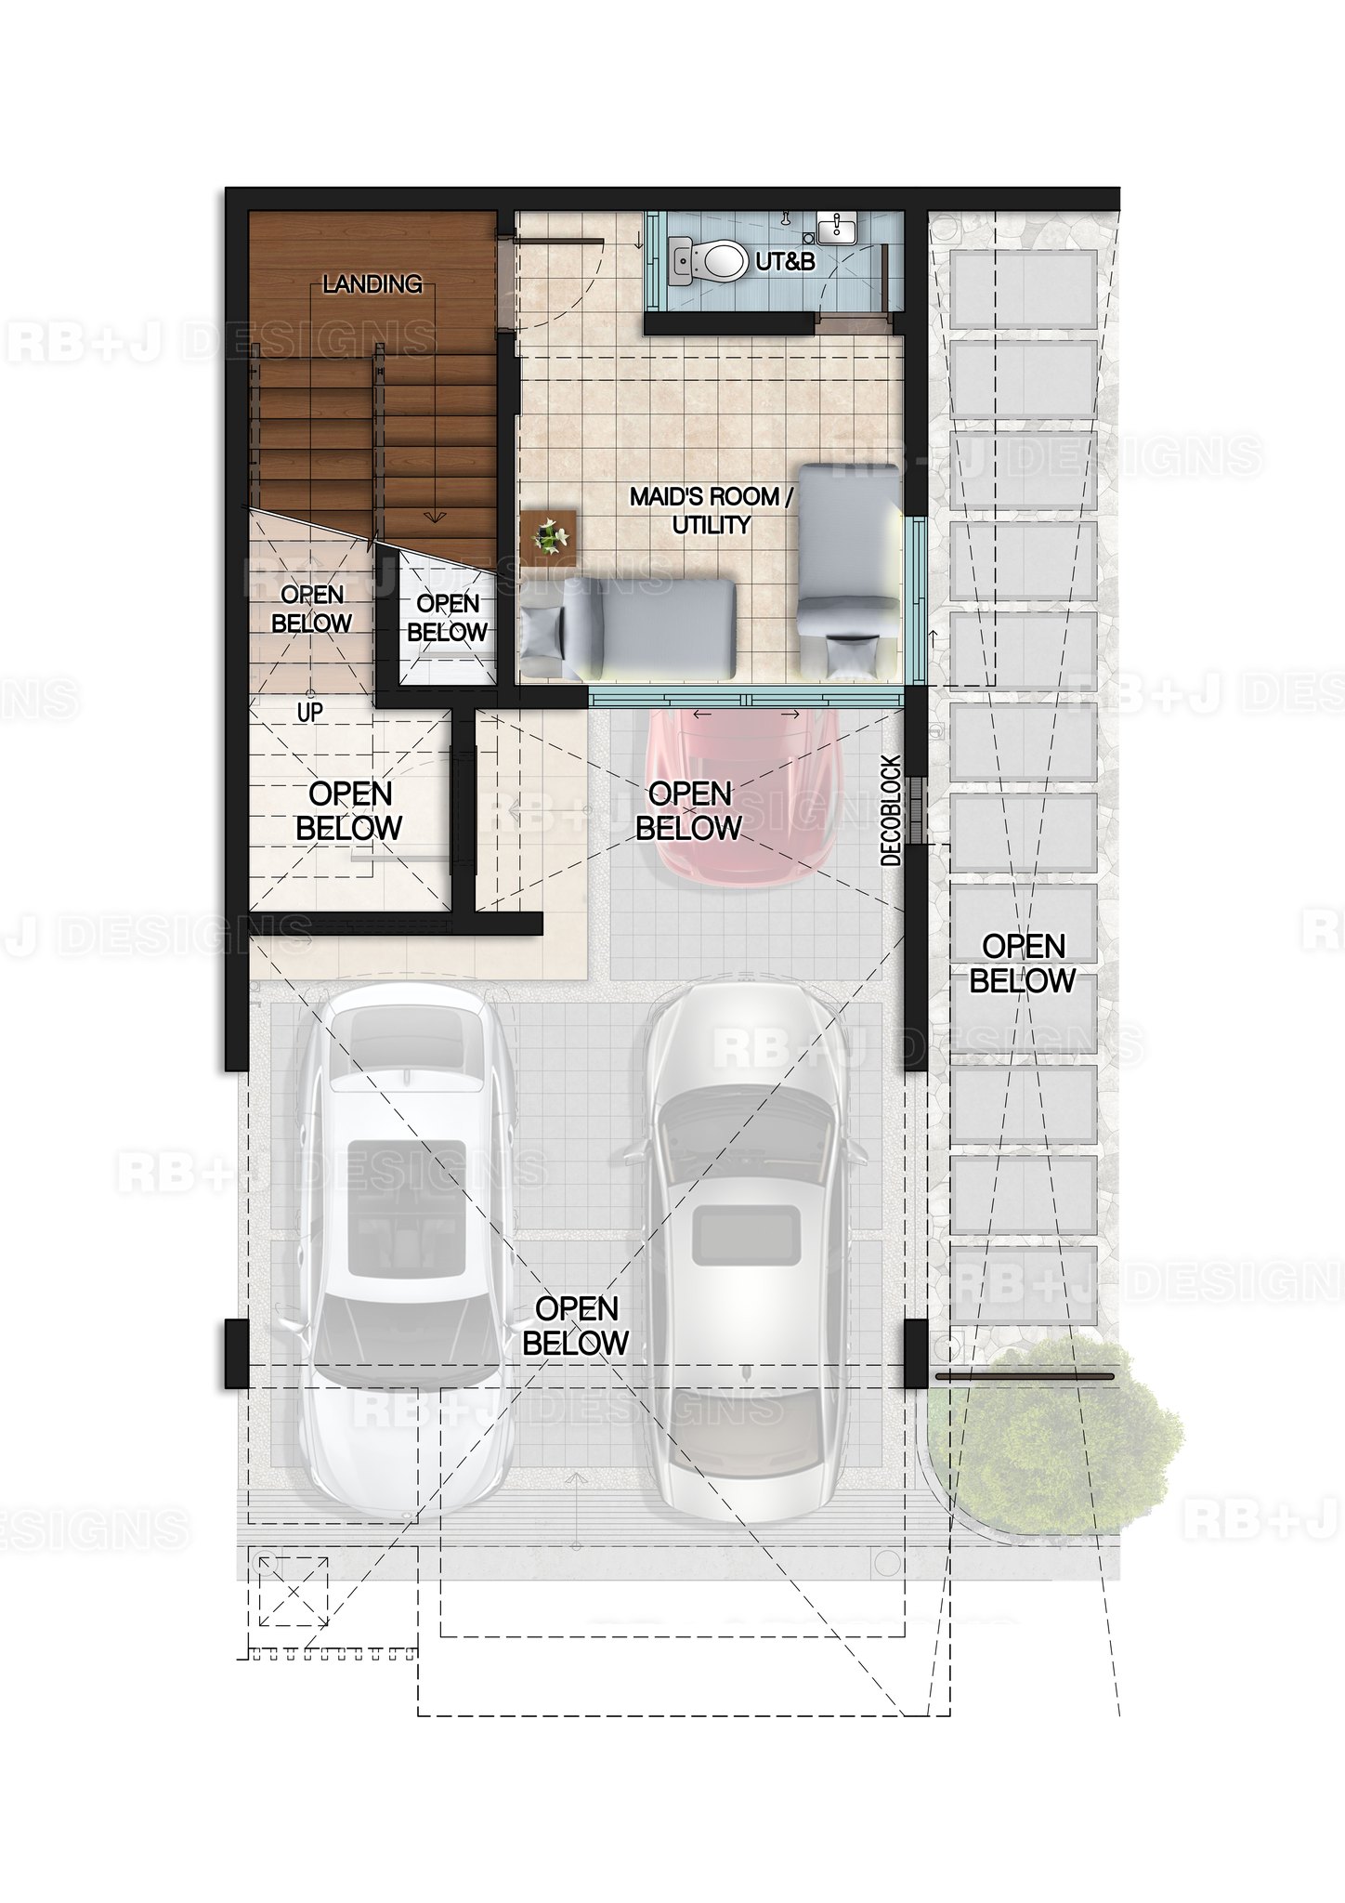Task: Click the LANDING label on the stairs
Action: [372, 284]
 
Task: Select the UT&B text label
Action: [785, 262]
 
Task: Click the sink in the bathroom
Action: [840, 228]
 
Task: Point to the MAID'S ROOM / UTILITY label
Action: [712, 510]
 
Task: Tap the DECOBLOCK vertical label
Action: [892, 810]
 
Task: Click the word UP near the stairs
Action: [309, 712]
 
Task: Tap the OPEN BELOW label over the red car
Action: [689, 810]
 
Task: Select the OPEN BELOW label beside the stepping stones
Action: [1023, 964]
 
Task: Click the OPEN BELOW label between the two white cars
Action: [576, 1325]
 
